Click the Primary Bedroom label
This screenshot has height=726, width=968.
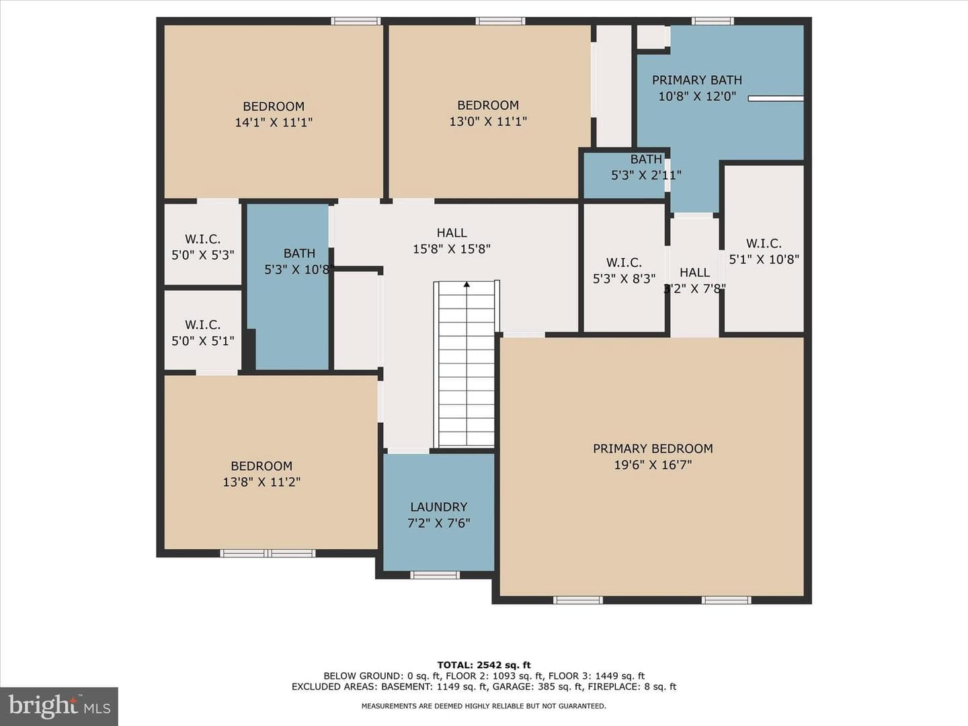click(x=653, y=449)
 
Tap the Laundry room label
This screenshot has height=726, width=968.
click(x=438, y=507)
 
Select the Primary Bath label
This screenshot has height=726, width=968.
click(x=697, y=80)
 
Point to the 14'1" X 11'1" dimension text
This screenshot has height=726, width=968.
click(x=274, y=122)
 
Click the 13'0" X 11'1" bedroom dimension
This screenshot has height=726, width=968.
click(x=488, y=121)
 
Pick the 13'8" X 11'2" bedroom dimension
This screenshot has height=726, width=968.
click(x=261, y=482)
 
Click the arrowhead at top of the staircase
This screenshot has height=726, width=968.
click(x=467, y=284)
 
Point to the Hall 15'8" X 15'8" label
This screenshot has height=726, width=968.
click(x=452, y=241)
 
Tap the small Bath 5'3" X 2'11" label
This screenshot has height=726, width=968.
click(x=646, y=167)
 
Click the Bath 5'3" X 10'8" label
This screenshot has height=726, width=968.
click(x=299, y=261)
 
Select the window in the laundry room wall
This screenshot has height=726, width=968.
click(x=435, y=575)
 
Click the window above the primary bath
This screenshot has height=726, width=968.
click(x=713, y=21)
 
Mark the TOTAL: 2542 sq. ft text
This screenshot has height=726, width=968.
click(x=484, y=665)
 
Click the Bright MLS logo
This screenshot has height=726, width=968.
click(x=59, y=706)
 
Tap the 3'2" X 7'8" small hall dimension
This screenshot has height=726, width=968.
click(x=694, y=289)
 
